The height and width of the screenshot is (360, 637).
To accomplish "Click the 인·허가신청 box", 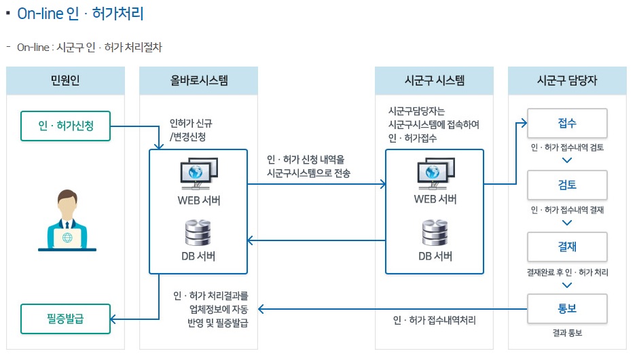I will (x=66, y=126).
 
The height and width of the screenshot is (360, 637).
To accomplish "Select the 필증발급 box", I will (x=66, y=319).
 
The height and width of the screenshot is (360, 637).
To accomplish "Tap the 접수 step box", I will (x=567, y=124).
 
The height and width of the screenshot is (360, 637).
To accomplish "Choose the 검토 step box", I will (x=567, y=185).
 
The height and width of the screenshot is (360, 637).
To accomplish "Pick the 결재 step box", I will (x=567, y=246).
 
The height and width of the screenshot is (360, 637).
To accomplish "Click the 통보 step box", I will (x=567, y=309).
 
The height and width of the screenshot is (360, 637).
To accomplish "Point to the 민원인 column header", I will (x=66, y=81).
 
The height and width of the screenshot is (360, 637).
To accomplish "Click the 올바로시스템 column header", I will (x=199, y=81).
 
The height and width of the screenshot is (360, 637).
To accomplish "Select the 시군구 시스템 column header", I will (x=435, y=81).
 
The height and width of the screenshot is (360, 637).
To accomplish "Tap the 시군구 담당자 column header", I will (x=567, y=81).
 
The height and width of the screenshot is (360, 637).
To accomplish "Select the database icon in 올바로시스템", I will (x=199, y=232).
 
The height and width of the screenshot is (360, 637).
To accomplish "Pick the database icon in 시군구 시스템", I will (x=435, y=232).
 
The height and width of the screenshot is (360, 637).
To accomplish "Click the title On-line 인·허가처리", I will (x=80, y=14).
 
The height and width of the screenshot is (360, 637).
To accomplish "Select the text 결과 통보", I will (x=567, y=334).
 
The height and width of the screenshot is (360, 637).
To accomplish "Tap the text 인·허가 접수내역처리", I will (x=434, y=320).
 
